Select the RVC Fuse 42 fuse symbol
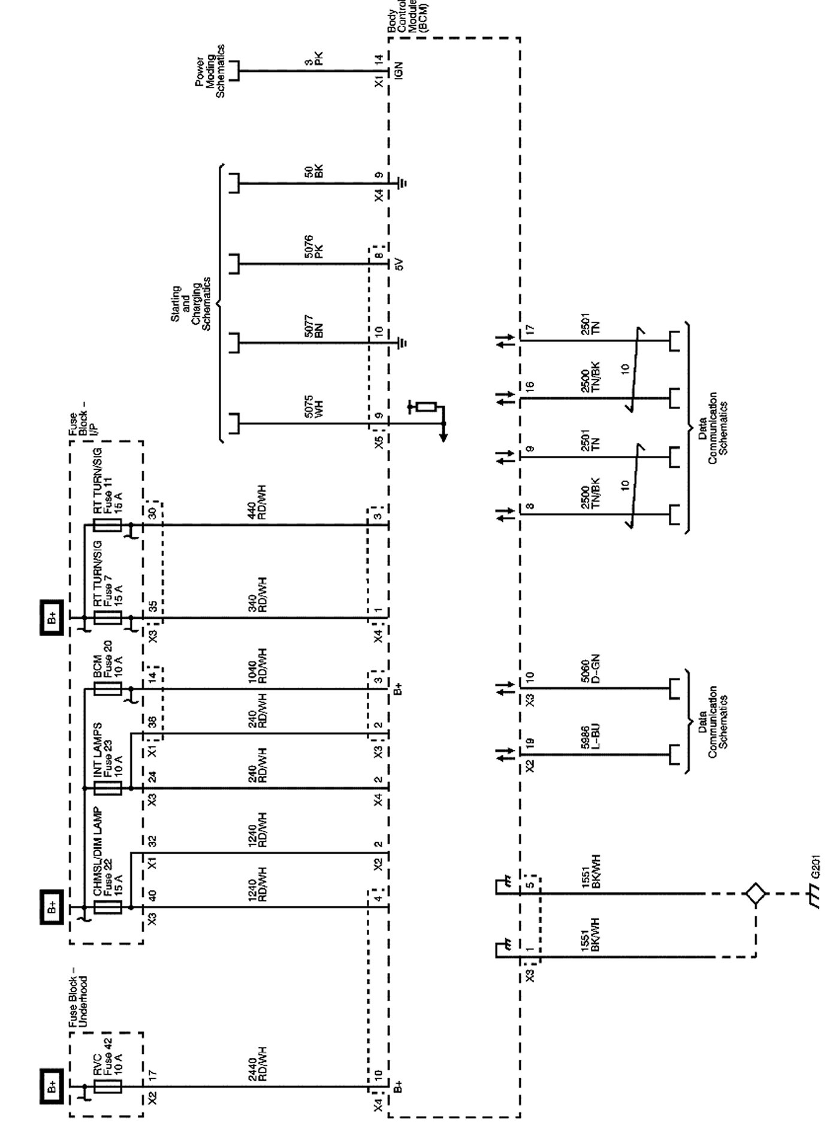(x=108, y=1086)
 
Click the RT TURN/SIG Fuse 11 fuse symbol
(x=108, y=525)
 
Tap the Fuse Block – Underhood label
(x=78, y=998)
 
